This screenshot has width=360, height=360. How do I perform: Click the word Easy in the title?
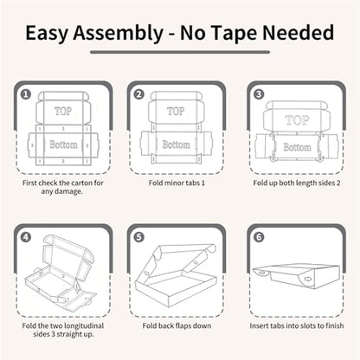pos(47,34)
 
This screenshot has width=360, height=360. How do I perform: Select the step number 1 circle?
pos(26,94)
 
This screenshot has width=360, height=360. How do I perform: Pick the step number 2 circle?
pos(139,94)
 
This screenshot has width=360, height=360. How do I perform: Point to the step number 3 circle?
pos(259,94)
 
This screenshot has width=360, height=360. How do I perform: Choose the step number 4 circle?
pos(26,237)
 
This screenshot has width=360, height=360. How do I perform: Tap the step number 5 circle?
pos(139,237)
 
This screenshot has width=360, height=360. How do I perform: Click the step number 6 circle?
pos(259,237)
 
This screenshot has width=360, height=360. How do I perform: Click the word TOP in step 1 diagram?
pos(63,111)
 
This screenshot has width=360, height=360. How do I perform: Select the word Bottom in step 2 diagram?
pos(176,145)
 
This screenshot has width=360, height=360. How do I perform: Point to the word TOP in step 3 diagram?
pos(298,120)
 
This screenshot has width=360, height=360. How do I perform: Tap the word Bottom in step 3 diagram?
pos(297,147)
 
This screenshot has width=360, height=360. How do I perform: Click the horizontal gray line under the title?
pos(180,52)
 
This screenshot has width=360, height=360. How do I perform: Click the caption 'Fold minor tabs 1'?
pos(177,183)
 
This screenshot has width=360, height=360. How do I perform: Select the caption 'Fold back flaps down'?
pos(177,325)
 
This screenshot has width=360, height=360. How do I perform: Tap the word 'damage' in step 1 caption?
pos(68,191)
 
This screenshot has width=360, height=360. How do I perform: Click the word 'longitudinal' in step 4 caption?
pos(83,326)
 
